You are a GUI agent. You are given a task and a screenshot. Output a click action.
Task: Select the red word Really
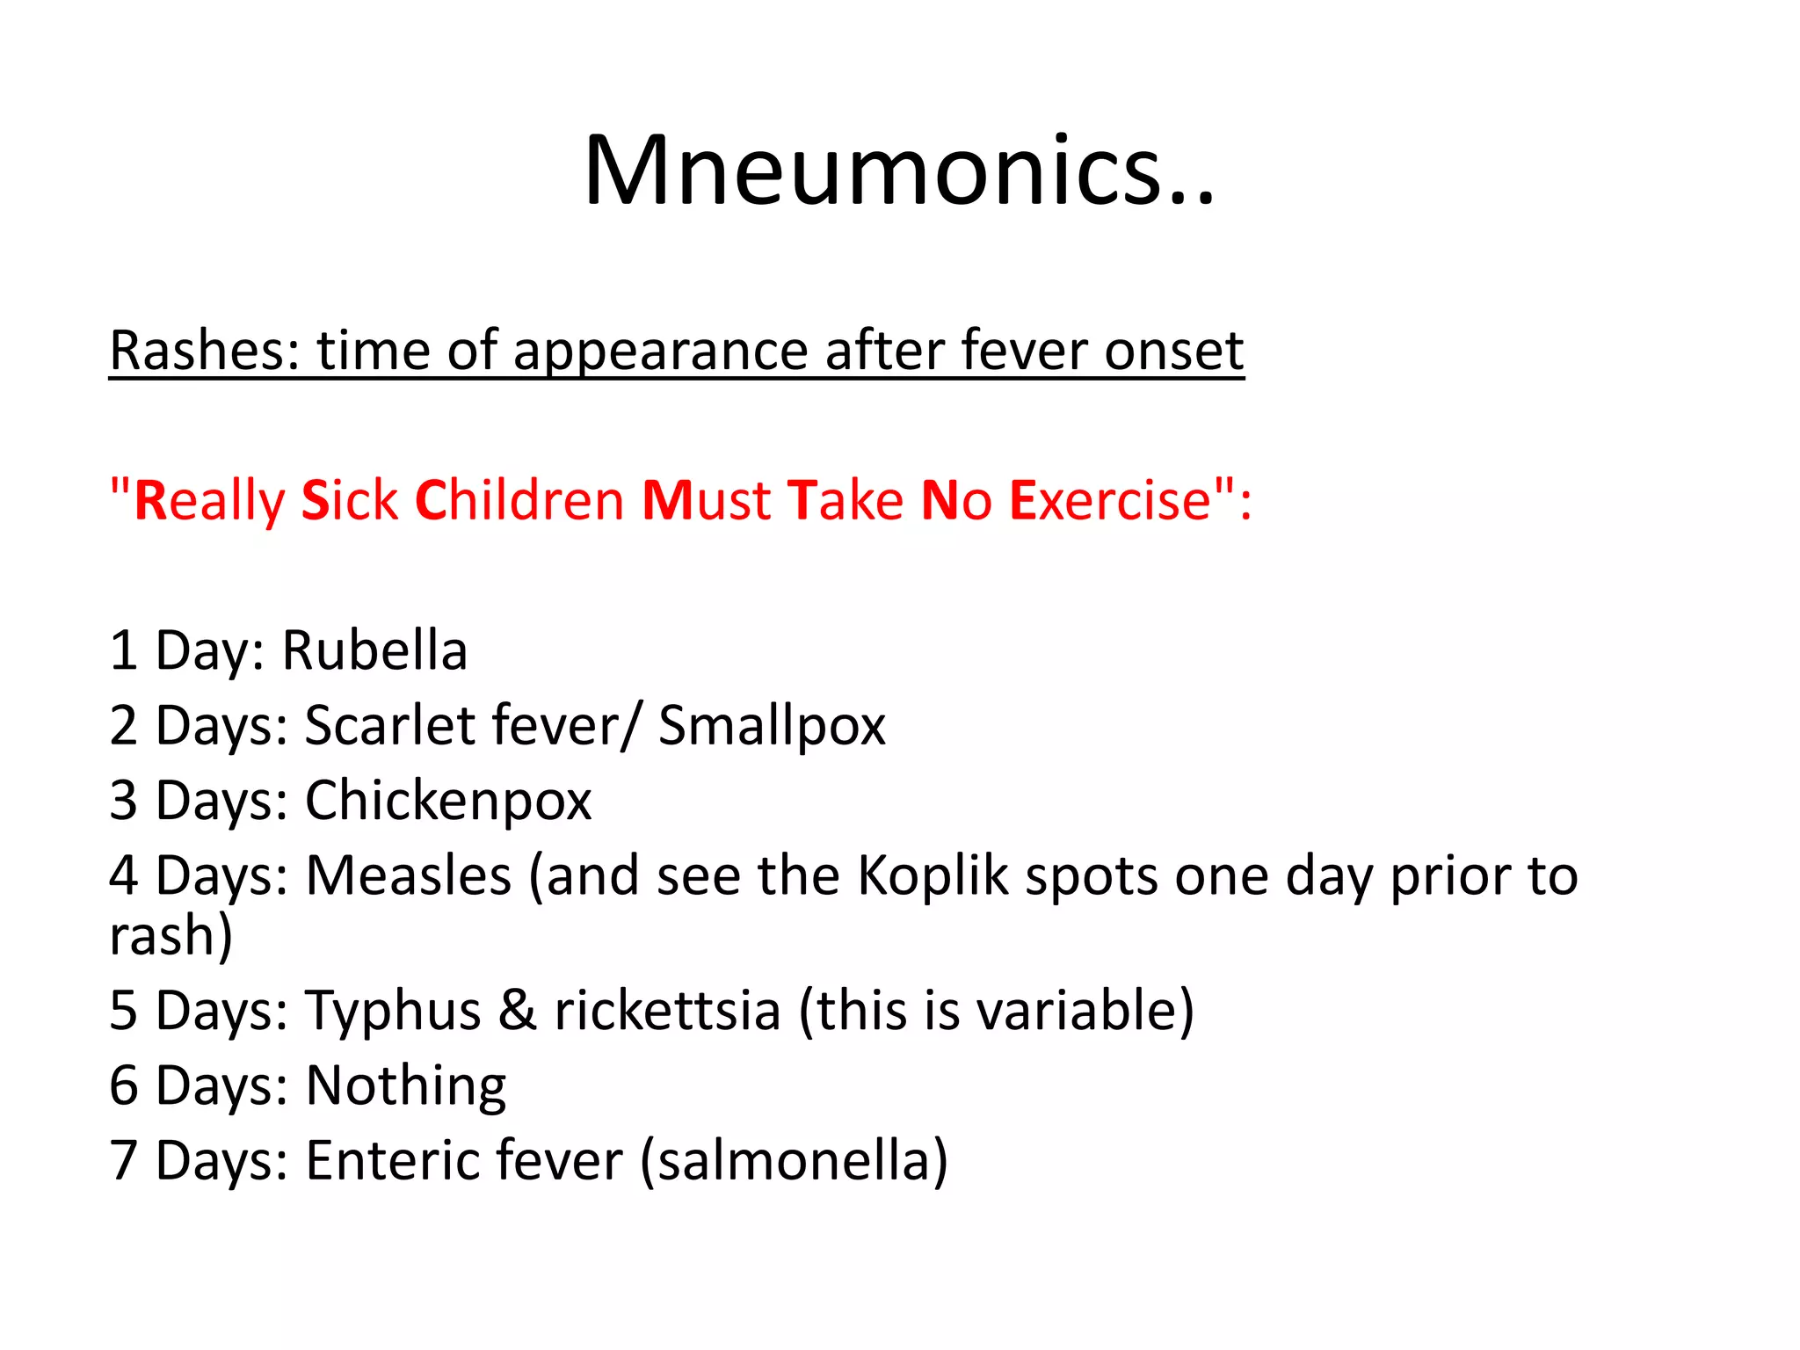(209, 501)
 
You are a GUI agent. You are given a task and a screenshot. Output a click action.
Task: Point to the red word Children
(519, 501)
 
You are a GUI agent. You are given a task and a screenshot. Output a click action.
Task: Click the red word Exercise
(1111, 501)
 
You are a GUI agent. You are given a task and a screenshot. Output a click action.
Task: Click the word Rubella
(374, 651)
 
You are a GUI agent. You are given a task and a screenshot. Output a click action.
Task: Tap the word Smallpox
(772, 727)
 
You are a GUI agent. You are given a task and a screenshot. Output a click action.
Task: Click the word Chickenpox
(448, 802)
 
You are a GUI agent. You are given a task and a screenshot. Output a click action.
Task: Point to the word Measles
(409, 876)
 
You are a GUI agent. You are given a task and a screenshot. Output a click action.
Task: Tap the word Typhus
(393, 1011)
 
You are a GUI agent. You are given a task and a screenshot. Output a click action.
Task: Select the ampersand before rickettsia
(518, 1011)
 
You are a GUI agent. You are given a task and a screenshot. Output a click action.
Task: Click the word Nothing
(405, 1086)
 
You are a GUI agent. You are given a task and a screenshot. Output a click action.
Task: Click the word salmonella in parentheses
(794, 1161)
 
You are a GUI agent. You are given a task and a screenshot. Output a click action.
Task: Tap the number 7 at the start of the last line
(124, 1161)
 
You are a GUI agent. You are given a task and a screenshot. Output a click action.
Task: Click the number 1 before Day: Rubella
(123, 651)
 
